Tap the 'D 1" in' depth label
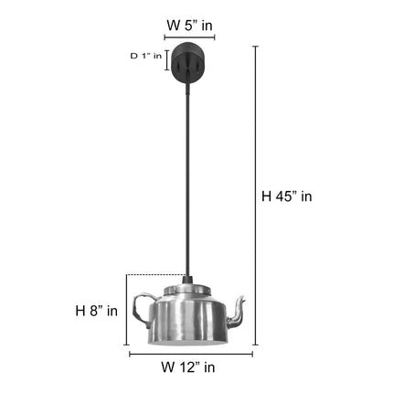(145, 57)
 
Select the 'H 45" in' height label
(287, 196)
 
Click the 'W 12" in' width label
(188, 368)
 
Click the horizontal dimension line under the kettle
(190, 354)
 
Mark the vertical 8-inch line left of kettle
(127, 311)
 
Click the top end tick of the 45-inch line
(254, 47)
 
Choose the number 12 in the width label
(188, 368)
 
